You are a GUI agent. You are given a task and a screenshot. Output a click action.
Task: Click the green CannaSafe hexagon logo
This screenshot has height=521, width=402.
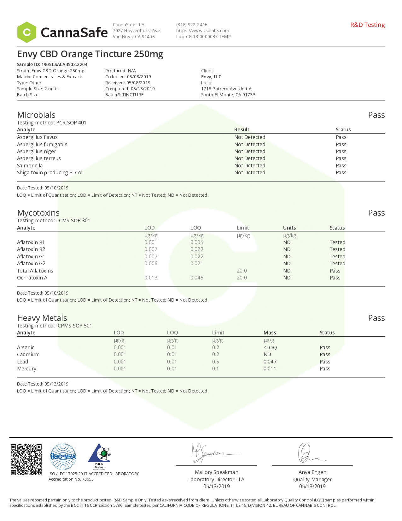27,32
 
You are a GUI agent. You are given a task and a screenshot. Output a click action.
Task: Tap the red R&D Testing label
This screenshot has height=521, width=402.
367,25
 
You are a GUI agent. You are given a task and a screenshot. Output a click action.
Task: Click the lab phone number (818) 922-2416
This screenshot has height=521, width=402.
192,25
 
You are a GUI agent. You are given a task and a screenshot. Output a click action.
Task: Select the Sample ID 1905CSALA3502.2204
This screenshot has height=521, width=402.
64,64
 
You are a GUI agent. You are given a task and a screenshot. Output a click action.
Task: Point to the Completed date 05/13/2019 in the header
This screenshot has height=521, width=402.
141,89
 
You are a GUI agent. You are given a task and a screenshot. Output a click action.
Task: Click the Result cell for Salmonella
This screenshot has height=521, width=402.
249,165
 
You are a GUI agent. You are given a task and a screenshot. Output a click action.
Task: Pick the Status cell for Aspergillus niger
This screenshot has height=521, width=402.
341,151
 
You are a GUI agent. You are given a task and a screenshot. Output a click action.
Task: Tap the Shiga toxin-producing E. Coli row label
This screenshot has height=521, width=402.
50,172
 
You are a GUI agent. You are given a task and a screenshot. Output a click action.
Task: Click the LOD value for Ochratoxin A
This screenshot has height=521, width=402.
151,278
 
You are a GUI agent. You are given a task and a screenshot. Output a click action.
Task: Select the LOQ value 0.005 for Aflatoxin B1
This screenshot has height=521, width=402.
197,242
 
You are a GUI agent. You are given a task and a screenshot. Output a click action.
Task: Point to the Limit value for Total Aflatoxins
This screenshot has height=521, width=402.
242,271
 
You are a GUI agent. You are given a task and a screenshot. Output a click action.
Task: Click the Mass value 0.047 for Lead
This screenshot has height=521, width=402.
270,362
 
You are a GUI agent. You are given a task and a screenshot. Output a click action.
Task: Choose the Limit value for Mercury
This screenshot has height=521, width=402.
215,368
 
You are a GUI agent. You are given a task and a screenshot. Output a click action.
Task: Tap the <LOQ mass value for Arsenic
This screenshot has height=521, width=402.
270,347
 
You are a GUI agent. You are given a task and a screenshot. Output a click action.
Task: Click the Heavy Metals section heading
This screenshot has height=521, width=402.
42,318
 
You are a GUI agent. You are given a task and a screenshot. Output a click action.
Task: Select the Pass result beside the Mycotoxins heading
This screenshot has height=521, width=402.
376,213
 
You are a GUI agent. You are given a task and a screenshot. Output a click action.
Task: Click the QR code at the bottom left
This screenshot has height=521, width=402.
26,459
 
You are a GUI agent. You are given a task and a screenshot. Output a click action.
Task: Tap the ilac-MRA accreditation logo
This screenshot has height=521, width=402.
63,457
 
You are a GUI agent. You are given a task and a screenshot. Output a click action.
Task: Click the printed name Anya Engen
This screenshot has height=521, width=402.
312,472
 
